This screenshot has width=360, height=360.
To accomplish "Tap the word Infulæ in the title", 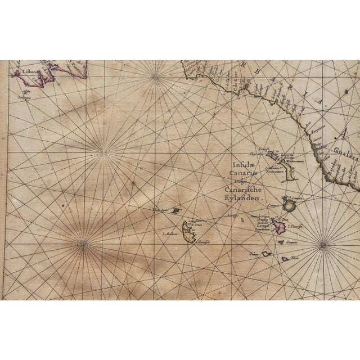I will click(242, 165).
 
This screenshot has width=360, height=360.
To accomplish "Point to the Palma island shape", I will click(265, 254).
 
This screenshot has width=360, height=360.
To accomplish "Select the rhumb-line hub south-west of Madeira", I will click(84, 242).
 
